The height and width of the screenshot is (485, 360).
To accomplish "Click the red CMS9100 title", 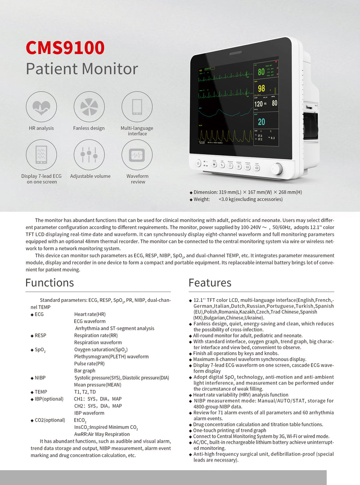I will point(65,47).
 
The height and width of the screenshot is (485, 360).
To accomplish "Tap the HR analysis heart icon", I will point(41,107).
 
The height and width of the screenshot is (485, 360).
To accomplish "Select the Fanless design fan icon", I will point(89,107).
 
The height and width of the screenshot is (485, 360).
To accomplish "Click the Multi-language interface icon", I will point(137,107).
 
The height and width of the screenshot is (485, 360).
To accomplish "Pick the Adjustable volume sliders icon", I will point(89,155).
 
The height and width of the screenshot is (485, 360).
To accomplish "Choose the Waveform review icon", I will point(137,155).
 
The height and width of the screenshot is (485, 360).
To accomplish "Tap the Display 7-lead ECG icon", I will point(41,155).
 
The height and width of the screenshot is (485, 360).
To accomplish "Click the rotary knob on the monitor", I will point(277,169).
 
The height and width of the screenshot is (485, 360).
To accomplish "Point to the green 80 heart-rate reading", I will point(261,72).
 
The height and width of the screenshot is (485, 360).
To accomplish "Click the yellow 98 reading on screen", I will point(261,89).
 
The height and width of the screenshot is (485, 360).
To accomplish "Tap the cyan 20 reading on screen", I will point(261,122).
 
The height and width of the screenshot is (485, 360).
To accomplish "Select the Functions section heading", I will point(49,283).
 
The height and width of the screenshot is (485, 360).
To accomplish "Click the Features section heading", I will point(210,283).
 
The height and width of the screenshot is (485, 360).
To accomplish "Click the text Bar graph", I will point(85,371).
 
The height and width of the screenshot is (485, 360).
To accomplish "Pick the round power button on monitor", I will point(198,163).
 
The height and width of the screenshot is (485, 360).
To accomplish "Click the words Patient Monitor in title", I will point(81,69).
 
